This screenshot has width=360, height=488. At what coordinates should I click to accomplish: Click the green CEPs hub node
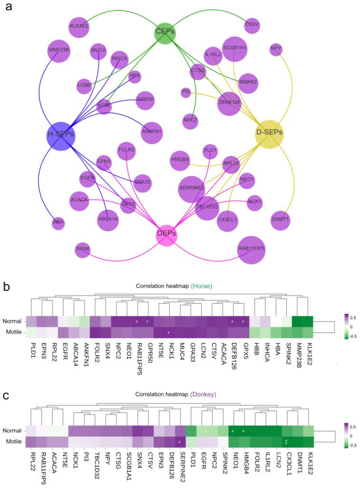[x=165, y=32]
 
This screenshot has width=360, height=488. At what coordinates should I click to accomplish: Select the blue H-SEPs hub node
[x=60, y=135]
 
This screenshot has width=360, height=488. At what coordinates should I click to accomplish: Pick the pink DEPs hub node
[x=167, y=234]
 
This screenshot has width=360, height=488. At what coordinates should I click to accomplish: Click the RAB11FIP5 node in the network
[x=251, y=249]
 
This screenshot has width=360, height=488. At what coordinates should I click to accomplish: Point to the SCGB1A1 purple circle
[x=234, y=48]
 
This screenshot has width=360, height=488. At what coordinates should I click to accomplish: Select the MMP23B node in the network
[x=59, y=49]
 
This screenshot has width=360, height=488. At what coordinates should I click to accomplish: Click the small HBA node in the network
[x=58, y=223]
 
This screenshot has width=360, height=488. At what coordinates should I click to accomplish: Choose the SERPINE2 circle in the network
[x=192, y=189]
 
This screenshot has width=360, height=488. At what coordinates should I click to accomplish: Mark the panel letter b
[x=7, y=287]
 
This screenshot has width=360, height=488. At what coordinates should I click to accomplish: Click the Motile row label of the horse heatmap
[x=12, y=332]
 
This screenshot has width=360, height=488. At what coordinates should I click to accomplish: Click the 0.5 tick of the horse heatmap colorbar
[x=353, y=316]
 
